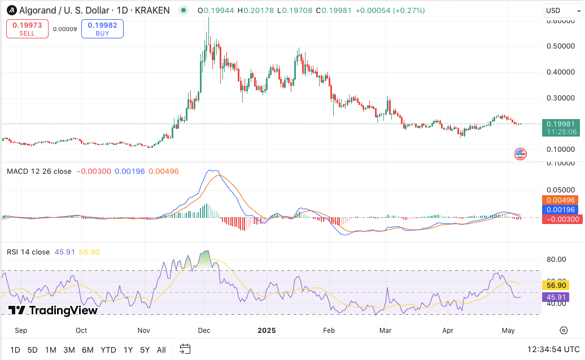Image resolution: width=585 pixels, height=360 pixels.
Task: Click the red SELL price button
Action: (27, 29)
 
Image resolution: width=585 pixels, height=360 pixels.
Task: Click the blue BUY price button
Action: (102, 29)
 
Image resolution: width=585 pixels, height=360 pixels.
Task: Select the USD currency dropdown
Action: (560, 11)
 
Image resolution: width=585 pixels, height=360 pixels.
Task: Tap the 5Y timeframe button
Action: (145, 350)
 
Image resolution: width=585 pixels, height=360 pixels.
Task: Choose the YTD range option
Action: (108, 350)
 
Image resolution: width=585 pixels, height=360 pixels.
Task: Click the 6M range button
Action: (88, 350)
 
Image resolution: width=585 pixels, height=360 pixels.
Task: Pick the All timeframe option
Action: (161, 350)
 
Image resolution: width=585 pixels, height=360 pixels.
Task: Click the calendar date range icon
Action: (185, 349)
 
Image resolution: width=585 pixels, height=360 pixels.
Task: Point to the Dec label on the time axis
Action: (204, 331)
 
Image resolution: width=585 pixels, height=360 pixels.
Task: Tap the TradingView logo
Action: (53, 310)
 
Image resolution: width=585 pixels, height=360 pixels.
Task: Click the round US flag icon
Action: (520, 153)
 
